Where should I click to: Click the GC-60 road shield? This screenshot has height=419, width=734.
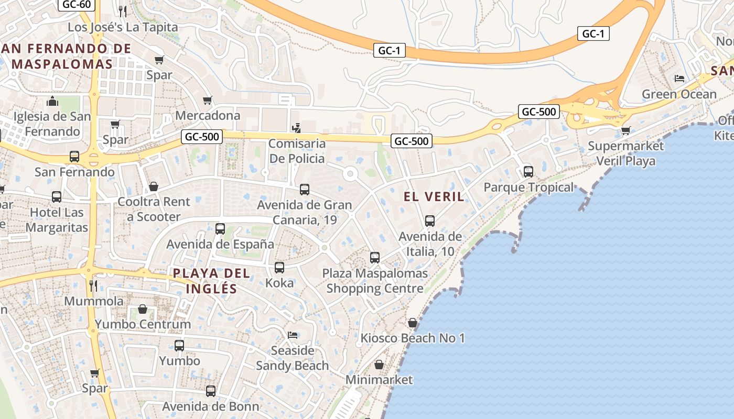coord(76,5)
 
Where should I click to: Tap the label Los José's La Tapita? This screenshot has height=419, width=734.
coord(123,27)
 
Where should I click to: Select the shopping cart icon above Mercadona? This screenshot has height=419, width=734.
coord(208,100)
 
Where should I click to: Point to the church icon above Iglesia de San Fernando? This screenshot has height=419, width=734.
coord(52,101)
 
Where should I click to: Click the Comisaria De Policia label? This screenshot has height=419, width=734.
coord(297,151)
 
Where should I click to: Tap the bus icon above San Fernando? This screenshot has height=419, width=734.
coord(74,156)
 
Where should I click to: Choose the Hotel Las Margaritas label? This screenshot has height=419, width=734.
coord(57,220)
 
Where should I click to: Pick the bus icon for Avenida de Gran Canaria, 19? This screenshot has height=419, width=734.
coord(305,190)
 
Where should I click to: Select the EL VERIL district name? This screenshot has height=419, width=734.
coord(434,197)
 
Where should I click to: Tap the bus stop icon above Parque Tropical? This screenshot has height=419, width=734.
coord(528,171)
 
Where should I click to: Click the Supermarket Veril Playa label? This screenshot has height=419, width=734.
coord(625,153)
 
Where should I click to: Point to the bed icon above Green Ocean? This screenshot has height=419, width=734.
coord(679,79)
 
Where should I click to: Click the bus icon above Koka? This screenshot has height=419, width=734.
coord(279,268)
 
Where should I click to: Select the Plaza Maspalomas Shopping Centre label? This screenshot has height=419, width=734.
coord(375,281)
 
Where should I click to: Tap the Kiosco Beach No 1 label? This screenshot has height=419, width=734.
coord(413,338)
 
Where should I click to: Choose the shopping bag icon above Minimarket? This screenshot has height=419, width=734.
coord(379,364)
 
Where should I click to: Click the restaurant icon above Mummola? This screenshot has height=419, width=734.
coord(93,285)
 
